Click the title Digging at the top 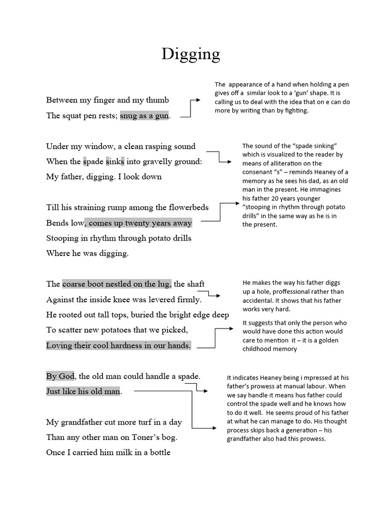pos(191,54)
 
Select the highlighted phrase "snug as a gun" pos(144,116)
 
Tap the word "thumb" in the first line pos(158,100)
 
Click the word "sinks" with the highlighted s pos(114,162)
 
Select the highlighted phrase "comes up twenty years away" pos(140,223)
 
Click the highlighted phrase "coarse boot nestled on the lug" pos(116,284)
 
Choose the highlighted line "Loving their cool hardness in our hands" pos(118,345)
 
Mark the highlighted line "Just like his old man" pos(83,391)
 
